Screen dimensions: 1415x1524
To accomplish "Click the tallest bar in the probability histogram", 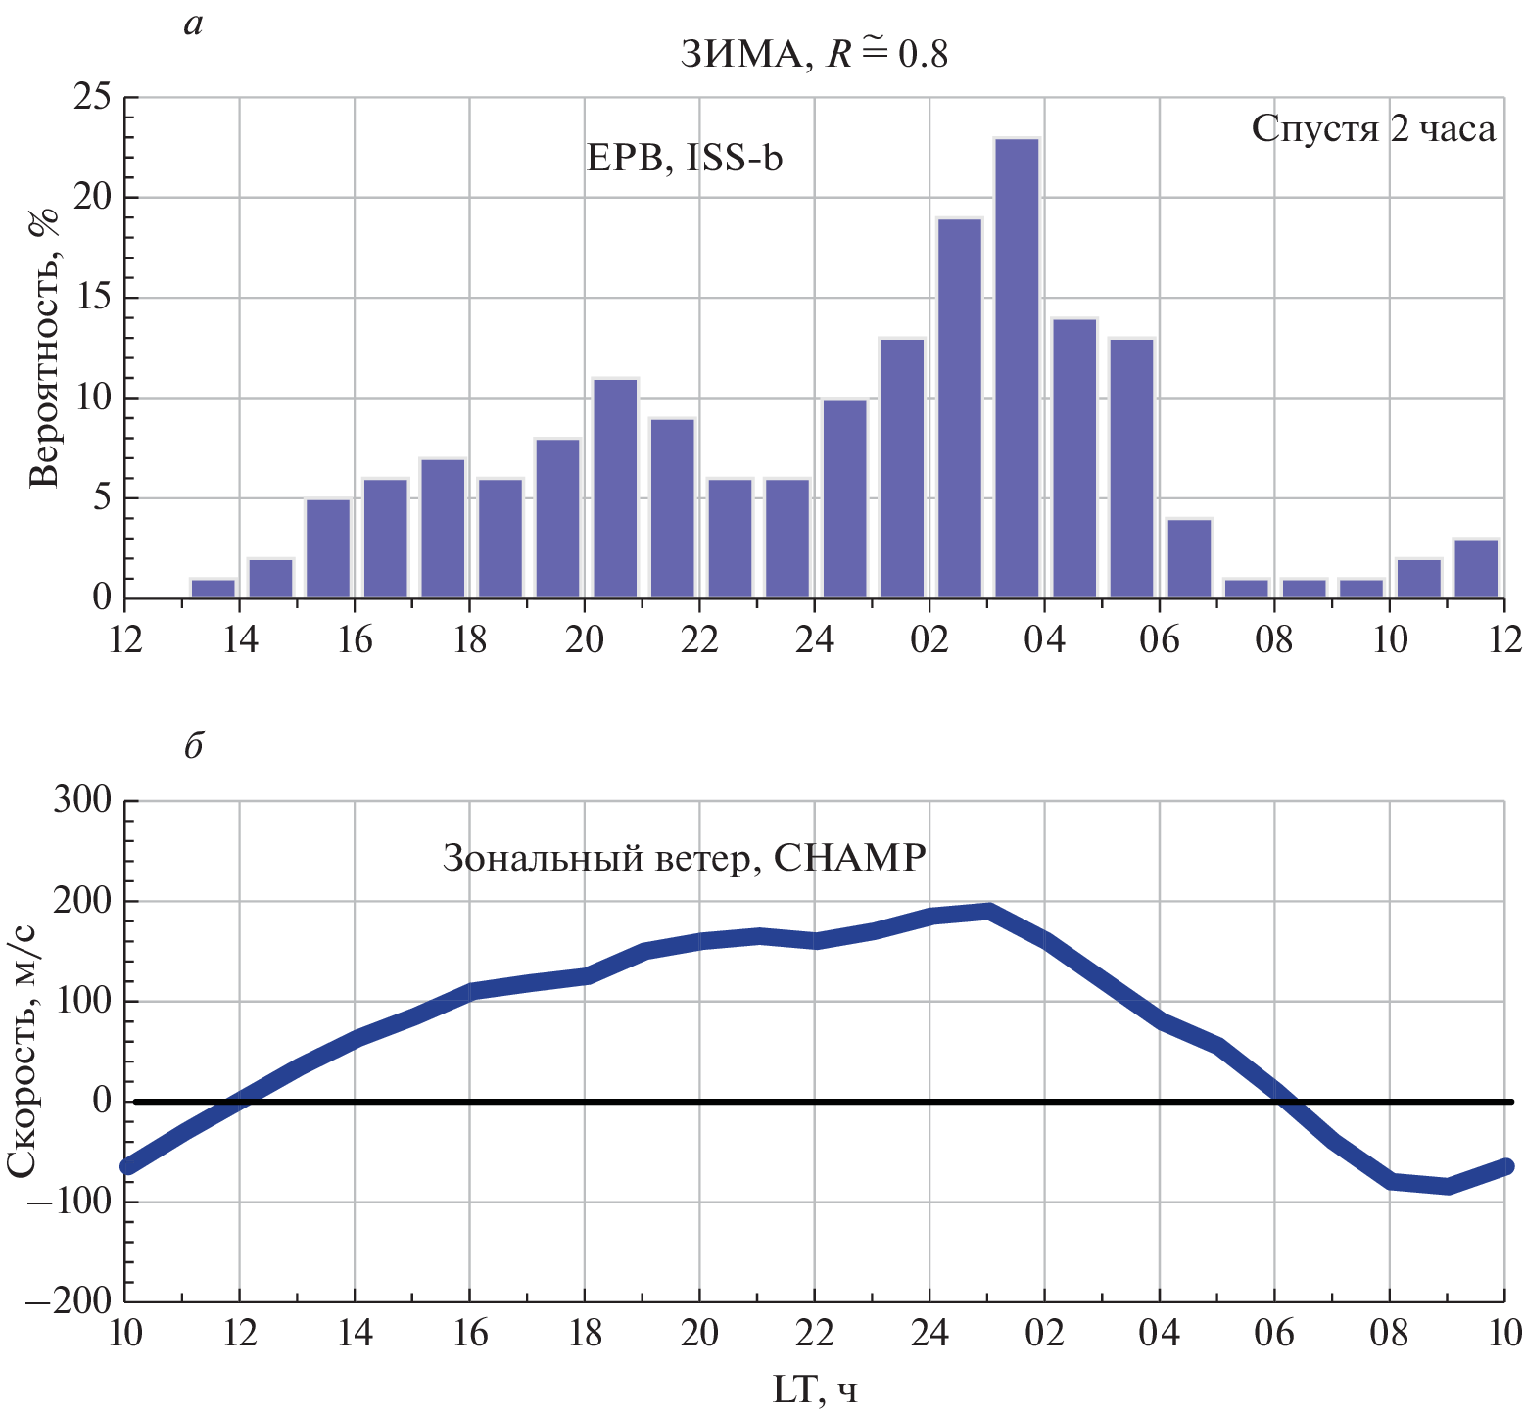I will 1017,368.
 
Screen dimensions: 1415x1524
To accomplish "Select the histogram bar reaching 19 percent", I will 959,408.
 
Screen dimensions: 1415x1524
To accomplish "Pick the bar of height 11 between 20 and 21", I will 615,488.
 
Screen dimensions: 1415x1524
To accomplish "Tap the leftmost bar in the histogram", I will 213,589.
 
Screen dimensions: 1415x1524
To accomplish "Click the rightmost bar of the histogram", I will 1476,568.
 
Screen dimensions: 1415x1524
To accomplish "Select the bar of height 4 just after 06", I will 1189,558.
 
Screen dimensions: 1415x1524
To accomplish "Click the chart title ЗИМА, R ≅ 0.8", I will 814,54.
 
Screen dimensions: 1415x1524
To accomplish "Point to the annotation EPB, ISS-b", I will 685,158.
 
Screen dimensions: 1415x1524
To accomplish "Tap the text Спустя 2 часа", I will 1373,128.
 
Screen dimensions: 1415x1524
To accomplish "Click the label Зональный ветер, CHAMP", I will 684,858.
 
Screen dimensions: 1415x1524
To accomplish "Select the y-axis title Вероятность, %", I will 44,348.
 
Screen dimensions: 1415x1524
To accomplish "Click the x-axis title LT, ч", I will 814,1390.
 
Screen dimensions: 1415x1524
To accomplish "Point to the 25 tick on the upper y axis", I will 93,98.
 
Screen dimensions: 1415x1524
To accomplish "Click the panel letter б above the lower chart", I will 193,746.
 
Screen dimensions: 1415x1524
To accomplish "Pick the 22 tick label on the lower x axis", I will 814,1333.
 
